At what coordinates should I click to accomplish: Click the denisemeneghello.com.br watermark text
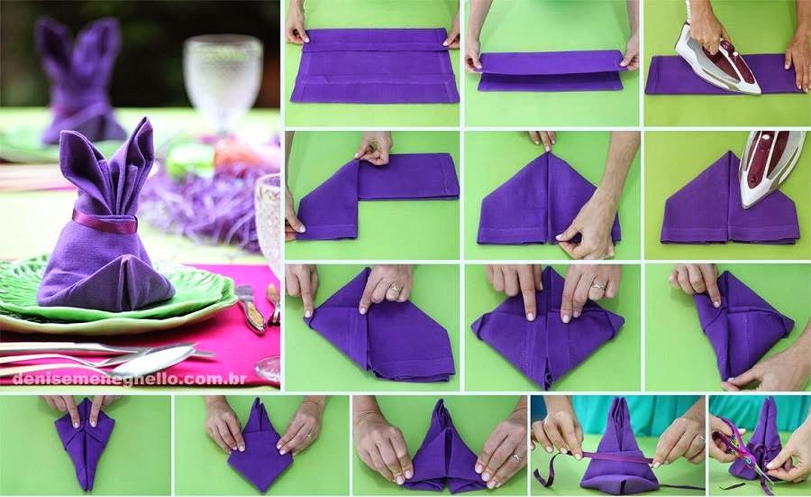point(129,380)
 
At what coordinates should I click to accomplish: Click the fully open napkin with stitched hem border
point(373,65)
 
